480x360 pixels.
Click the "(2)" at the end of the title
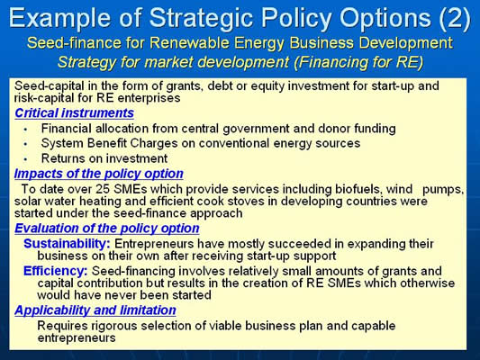point(454,18)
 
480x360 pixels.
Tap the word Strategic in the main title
point(203,18)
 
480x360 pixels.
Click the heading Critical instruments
point(74,113)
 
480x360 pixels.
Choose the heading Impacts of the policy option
point(98,174)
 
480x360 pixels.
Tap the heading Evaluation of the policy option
point(107,229)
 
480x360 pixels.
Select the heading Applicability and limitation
point(95,310)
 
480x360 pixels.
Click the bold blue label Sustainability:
point(67,244)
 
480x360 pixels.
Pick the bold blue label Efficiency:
point(56,271)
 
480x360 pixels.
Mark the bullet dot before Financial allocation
point(25,130)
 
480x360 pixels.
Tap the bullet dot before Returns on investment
point(25,159)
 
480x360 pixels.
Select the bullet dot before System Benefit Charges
point(25,144)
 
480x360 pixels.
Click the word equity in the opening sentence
point(267,86)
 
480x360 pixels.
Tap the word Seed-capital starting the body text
point(50,86)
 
